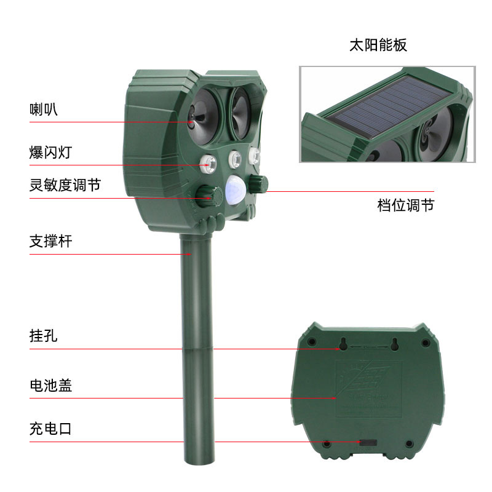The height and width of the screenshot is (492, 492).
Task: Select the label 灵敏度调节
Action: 65,185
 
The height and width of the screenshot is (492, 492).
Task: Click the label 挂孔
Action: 44,336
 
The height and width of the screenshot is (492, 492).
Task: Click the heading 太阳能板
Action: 378,45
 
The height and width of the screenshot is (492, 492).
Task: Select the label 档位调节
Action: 405,205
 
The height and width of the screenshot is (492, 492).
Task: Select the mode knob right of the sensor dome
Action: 261,183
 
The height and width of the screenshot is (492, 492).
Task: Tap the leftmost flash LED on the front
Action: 208,164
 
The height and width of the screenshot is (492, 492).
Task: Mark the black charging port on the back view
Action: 368,442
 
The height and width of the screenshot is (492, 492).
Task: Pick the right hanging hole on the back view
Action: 394,346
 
